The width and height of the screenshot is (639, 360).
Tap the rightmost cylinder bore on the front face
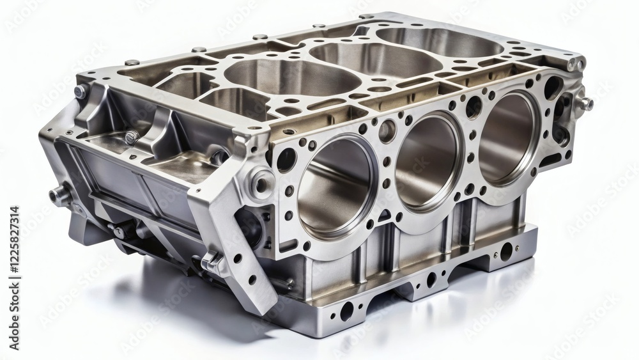508,137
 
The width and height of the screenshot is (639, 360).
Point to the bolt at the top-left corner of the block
81,91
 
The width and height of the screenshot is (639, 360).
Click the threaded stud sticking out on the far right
585,103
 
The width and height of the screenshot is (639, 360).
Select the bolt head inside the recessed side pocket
132,137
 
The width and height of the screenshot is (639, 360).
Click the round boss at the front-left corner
261,183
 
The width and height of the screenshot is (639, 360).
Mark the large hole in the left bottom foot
347,311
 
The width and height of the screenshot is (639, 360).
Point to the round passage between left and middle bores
387,130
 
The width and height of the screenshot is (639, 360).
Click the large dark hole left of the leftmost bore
286,160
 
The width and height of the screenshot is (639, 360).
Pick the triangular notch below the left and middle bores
385,217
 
